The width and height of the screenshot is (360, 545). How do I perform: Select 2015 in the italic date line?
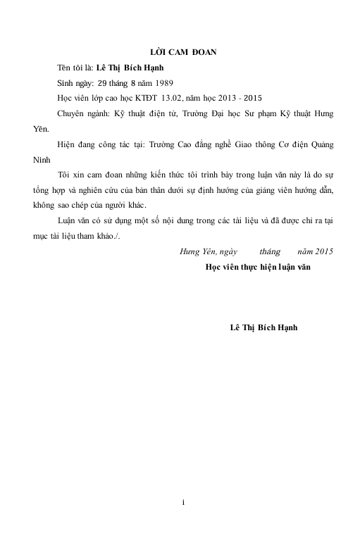point(323,250)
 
